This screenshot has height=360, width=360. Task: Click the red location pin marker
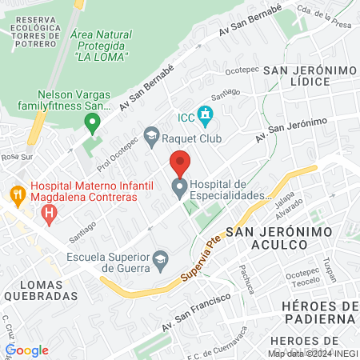point(180,163)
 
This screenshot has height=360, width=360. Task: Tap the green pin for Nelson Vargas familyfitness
point(92,124)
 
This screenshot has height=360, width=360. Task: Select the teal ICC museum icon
point(206,115)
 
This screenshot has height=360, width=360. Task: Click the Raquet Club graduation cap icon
point(151,136)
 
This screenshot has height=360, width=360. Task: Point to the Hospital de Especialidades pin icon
point(180,189)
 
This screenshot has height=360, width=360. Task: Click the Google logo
point(27,350)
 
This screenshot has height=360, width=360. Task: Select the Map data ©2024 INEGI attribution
point(313,353)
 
